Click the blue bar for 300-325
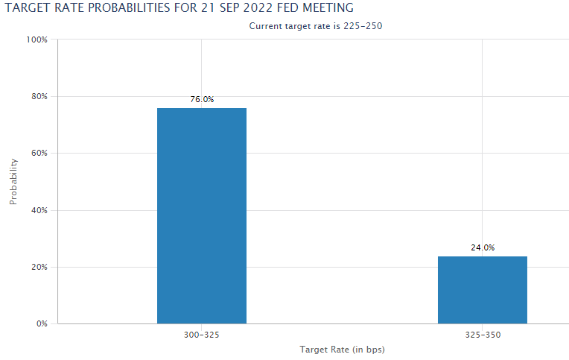[201, 216]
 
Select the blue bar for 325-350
[482, 290]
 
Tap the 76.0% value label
[202, 99]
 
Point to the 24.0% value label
[483, 247]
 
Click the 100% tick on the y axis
[37, 40]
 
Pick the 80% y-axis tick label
[39, 96]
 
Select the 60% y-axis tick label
[39, 154]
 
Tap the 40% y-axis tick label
[39, 210]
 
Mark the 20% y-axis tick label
[39, 267]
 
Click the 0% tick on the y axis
[42, 324]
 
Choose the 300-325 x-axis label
[202, 335]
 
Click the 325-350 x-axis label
[483, 335]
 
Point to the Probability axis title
[13, 181]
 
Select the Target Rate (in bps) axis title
[342, 350]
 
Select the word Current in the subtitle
[265, 25]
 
